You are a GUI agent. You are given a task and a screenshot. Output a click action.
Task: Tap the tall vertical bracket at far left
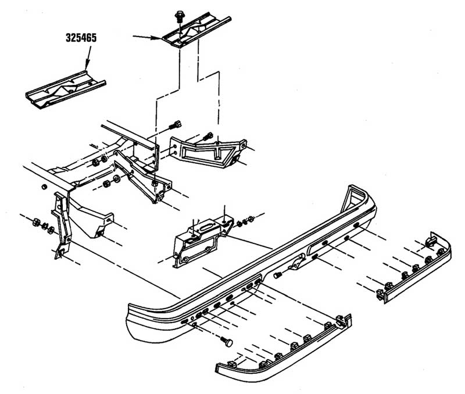(62, 224)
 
